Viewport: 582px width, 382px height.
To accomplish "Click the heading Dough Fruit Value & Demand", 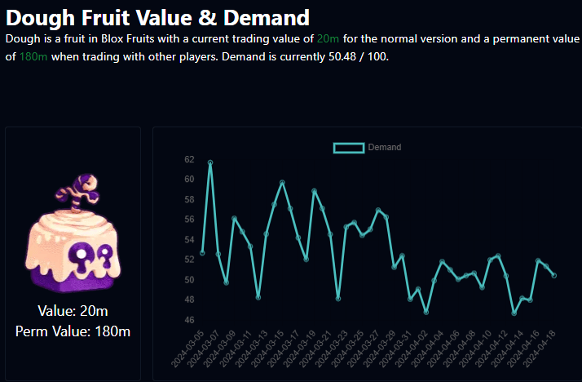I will point(157,17).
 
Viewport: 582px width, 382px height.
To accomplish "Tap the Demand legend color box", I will point(349,147).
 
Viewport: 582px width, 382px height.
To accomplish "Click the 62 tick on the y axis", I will point(189,159).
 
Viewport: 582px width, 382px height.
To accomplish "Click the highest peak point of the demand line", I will point(210,162).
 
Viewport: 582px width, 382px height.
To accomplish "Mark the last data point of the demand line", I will point(554,276).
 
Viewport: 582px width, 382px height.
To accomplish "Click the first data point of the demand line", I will point(202,253).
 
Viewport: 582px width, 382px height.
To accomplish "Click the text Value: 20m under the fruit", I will point(73,311).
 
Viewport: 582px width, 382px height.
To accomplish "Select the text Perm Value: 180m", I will point(73,331).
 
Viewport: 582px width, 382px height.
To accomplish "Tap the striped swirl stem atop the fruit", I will point(80,189).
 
